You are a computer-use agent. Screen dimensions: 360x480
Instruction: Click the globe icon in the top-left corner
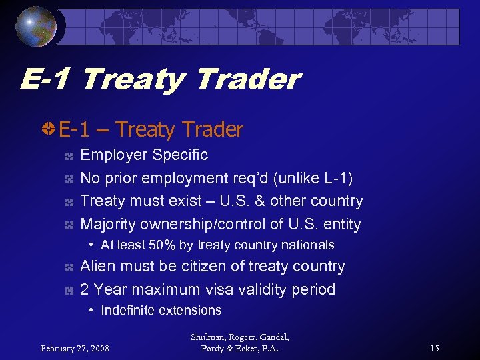[37, 27]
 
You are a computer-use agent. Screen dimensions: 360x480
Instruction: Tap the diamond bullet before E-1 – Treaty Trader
[48, 129]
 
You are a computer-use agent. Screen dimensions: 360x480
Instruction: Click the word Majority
[109, 224]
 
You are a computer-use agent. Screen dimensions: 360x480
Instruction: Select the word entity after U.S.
[339, 224]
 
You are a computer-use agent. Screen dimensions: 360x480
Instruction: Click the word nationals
[309, 245]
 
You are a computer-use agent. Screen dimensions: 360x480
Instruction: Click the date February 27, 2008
[75, 348]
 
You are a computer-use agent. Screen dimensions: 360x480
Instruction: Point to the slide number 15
[434, 348]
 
